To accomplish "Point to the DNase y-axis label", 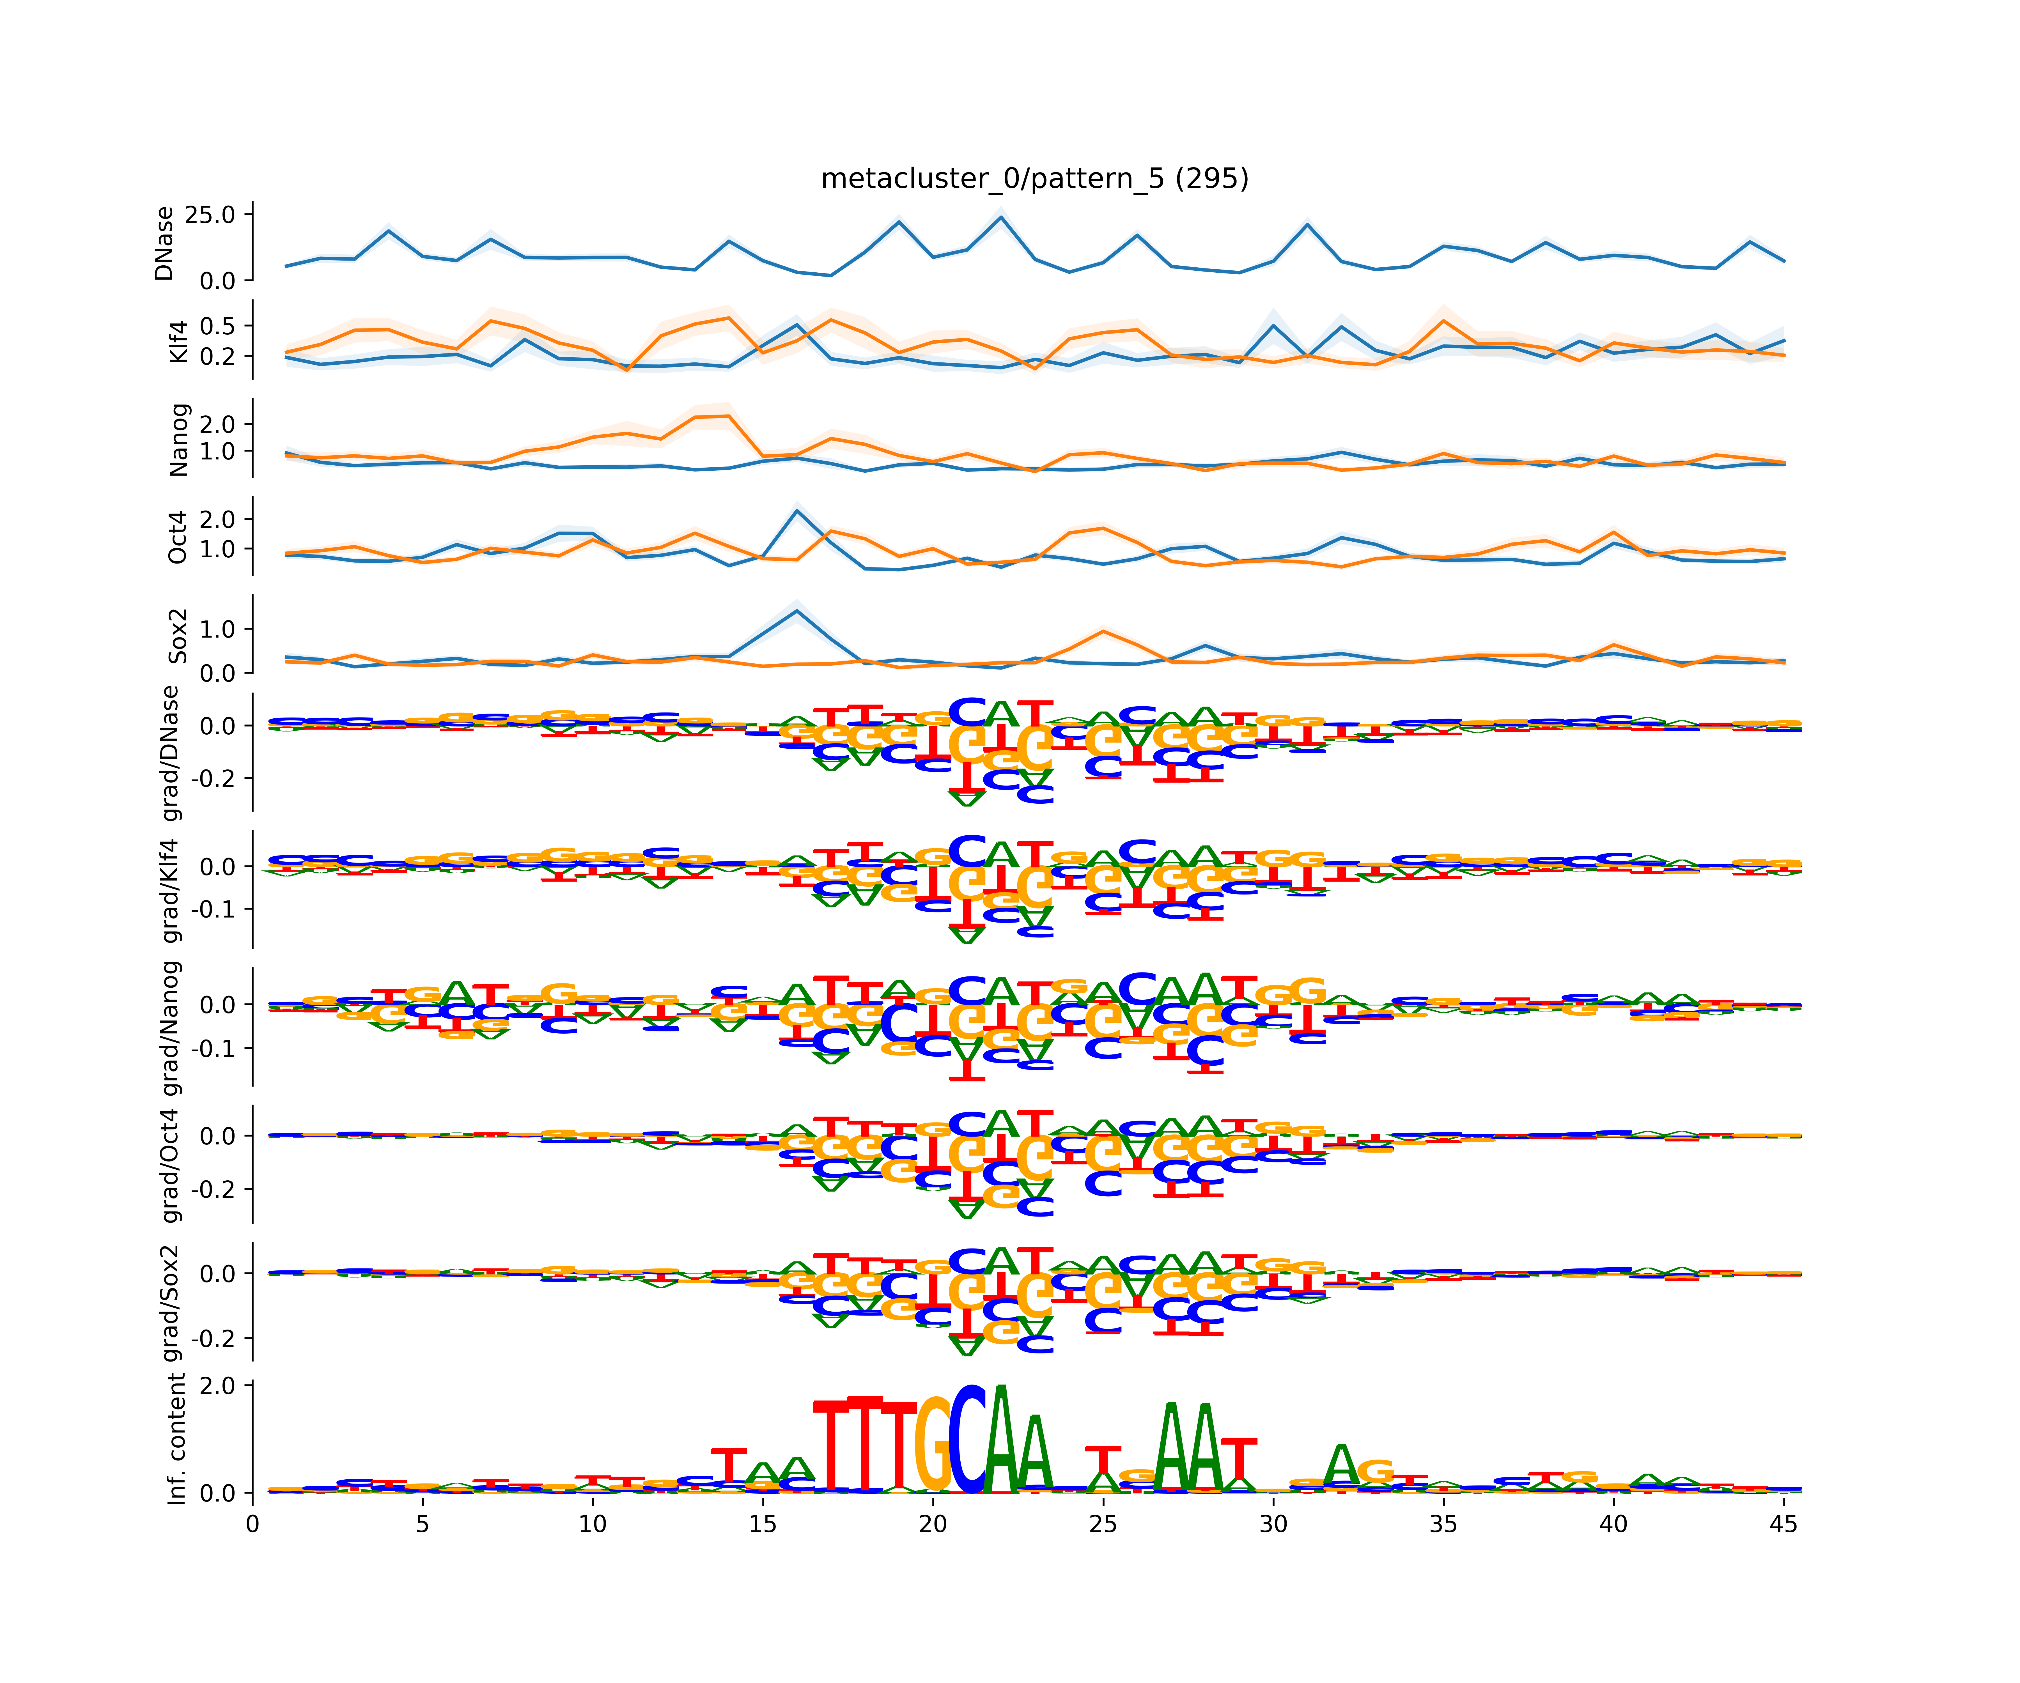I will [164, 243].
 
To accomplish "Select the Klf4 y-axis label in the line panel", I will [178, 341].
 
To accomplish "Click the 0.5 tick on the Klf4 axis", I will [217, 326].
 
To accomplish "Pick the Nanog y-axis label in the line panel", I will [178, 440].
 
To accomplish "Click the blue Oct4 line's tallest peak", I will [796, 510].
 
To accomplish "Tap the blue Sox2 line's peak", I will [796, 611].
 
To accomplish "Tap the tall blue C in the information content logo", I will [968, 1440].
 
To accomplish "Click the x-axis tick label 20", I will [932, 1524].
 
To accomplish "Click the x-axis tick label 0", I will [252, 1524].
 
